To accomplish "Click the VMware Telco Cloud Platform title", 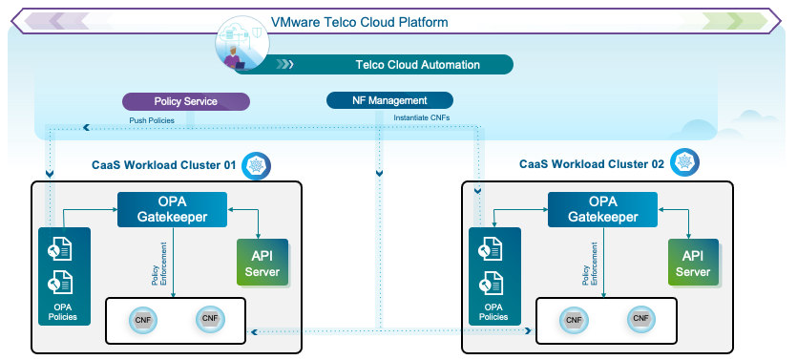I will pos(359,21).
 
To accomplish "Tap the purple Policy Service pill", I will pos(186,101).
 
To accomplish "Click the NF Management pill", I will pos(389,100).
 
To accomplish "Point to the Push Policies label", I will pos(153,120).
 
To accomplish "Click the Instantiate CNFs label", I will pos(421,118).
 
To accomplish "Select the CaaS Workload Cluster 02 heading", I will pos(591,164).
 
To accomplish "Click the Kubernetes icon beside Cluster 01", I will pos(256,165).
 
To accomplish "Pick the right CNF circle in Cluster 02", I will pos(640,319).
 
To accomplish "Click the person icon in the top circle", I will pos(232,55).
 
